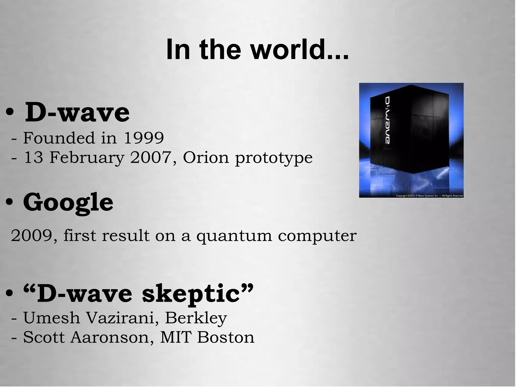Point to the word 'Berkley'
[196, 318]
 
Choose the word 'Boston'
[226, 337]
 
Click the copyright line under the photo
[429, 195]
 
